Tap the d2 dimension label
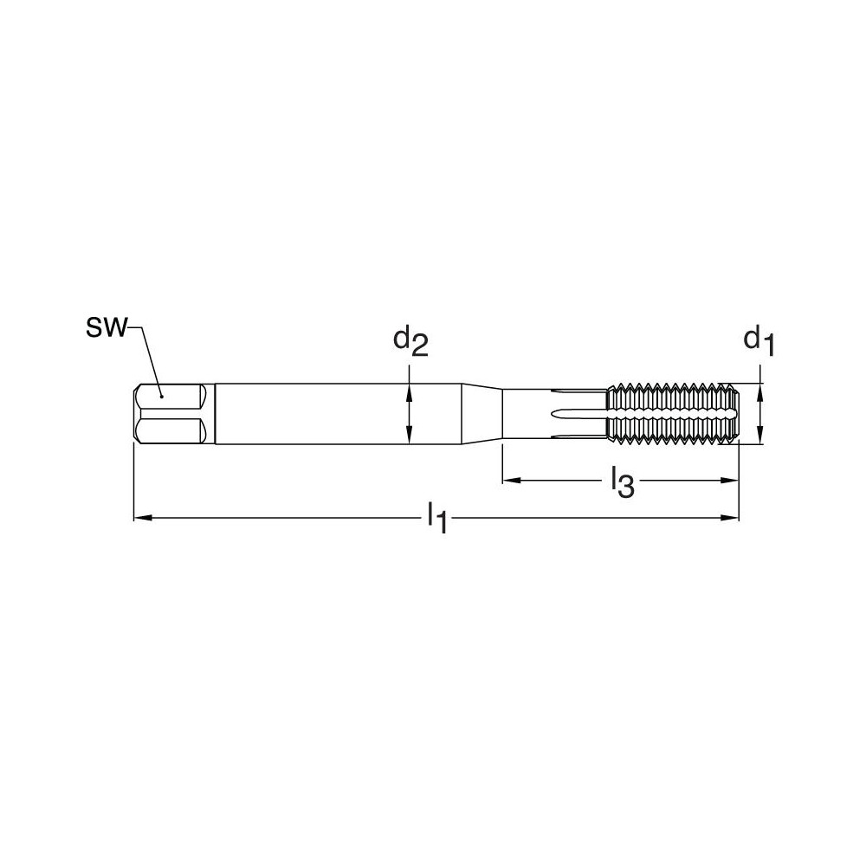[x=410, y=340]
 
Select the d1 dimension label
[x=759, y=339]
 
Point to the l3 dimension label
[x=622, y=481]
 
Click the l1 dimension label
[x=437, y=519]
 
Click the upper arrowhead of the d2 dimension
[x=408, y=389]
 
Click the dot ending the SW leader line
[x=161, y=397]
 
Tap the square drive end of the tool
[x=169, y=414]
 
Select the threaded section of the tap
[x=671, y=414]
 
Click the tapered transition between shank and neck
[x=482, y=414]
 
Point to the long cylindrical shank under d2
[x=338, y=414]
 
